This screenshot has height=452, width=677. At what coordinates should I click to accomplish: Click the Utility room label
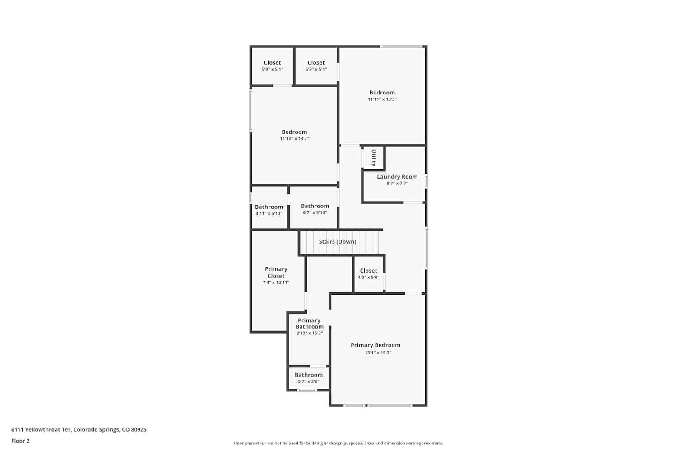coord(374,157)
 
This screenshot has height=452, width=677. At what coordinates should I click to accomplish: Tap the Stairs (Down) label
coord(338,241)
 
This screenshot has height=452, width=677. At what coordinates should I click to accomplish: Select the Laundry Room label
coord(397,176)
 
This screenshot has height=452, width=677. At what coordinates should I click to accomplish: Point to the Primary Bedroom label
coord(376,345)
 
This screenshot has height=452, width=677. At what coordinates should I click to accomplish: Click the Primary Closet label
coord(276,272)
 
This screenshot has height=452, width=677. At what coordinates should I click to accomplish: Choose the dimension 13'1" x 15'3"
coord(378,353)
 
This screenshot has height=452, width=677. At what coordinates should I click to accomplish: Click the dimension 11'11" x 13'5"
coord(382,99)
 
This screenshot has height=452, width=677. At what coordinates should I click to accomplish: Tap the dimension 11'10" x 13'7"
coord(294,138)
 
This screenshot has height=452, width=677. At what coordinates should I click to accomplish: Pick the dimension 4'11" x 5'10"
coord(269,213)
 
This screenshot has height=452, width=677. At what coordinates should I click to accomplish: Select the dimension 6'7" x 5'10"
coord(315,212)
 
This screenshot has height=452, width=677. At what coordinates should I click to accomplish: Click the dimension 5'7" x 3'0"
coord(309,381)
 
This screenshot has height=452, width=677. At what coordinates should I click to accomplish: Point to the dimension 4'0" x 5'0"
coord(368,278)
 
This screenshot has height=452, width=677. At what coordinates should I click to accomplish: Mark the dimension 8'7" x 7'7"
coord(397,183)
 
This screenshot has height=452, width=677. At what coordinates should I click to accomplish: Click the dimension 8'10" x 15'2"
coord(310,333)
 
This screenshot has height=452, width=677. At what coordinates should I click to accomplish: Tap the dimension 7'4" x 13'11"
coord(276,282)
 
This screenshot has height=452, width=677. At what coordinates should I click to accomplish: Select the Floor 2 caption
coord(21,441)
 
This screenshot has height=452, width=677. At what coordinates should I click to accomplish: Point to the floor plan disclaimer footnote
coord(338,443)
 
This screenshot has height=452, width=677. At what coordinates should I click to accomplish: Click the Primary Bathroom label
coord(309,323)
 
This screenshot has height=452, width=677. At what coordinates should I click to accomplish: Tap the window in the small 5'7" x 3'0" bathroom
coord(307,390)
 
